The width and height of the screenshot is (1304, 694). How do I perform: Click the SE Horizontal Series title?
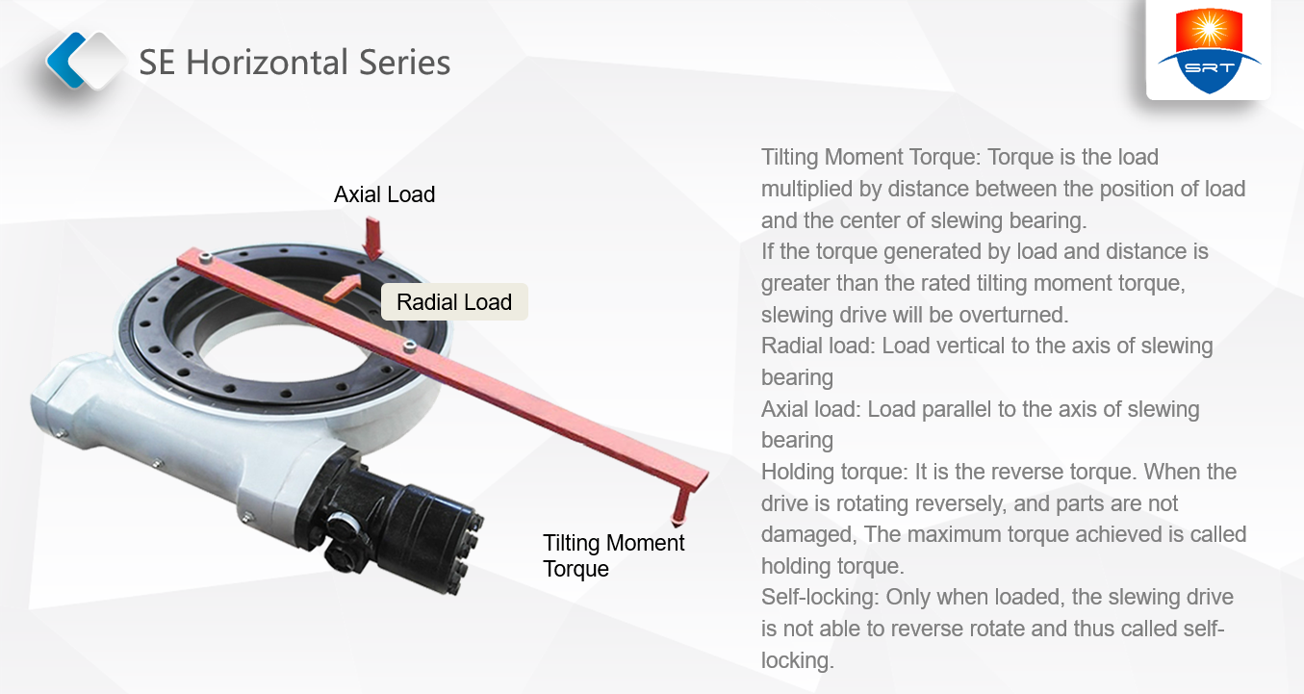pyautogui.click(x=294, y=63)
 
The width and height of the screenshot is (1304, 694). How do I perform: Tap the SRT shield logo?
pyautogui.click(x=1209, y=50)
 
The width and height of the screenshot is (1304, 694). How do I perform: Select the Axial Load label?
pyautogui.click(x=384, y=194)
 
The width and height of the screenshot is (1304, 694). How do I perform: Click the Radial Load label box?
pyautogui.click(x=454, y=301)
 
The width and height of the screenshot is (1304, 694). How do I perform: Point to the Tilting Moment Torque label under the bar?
pyautogui.click(x=614, y=555)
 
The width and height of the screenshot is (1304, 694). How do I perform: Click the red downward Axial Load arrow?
pyautogui.click(x=372, y=238)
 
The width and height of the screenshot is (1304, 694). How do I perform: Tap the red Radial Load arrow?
pyautogui.click(x=343, y=287)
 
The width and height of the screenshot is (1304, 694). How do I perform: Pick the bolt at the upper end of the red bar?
pyautogui.click(x=204, y=257)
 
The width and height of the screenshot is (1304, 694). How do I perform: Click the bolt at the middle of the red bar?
pyautogui.click(x=410, y=347)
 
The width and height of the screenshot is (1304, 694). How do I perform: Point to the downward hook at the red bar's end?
pyautogui.click(x=680, y=506)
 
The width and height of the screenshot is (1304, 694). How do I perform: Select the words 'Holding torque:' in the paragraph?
pyautogui.click(x=834, y=473)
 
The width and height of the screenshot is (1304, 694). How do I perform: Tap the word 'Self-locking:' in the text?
pyautogui.click(x=820, y=598)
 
